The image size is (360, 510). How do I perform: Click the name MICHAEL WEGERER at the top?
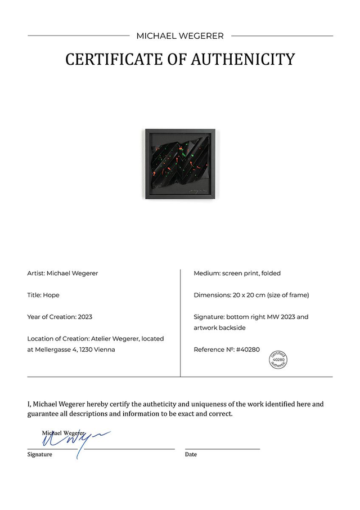[180, 36]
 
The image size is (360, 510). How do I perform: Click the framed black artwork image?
[182, 164]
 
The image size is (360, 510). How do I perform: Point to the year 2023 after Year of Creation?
[85, 317]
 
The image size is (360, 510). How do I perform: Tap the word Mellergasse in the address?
[55, 350]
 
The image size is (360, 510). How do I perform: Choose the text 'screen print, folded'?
[251, 274]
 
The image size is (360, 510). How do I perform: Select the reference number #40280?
[248, 350]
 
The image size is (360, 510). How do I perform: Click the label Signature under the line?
[40, 454]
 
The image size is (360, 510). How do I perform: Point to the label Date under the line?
[191, 454]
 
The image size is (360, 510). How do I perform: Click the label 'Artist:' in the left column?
[36, 274]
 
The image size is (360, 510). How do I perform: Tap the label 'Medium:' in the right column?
[206, 274]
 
